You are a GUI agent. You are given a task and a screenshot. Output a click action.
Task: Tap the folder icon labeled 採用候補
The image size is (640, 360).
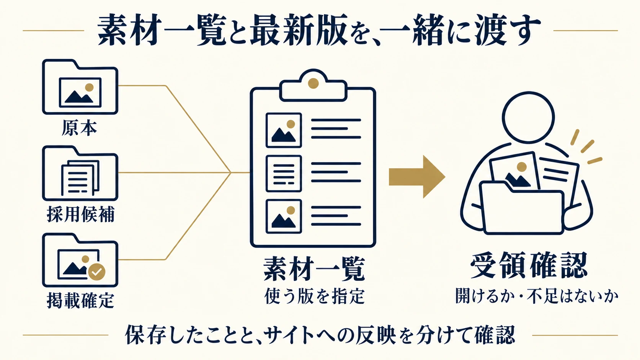click(80, 173)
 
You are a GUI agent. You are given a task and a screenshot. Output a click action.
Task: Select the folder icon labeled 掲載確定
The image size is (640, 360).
click(80, 260)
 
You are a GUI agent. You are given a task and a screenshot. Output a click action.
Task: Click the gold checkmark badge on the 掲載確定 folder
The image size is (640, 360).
click(96, 272)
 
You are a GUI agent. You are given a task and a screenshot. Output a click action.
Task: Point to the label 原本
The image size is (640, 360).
click(80, 128)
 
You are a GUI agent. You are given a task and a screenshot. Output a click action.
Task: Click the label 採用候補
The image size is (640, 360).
click(80, 214)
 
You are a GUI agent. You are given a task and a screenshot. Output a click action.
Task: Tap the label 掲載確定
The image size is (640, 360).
click(80, 300)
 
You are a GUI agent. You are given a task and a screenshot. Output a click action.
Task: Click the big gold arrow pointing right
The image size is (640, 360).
click(417, 177)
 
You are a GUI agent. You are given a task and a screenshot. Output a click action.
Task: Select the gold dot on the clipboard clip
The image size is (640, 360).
click(313, 83)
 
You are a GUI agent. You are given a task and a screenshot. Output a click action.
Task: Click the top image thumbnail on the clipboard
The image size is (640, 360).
click(284, 130)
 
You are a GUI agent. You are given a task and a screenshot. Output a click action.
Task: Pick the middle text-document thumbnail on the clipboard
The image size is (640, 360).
click(284, 174)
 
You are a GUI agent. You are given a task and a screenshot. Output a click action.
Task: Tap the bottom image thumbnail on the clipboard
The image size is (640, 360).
click(284, 217)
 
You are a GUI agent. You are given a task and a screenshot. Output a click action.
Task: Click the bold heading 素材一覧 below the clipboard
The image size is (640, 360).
click(314, 269)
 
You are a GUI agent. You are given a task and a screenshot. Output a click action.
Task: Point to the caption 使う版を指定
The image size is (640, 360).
click(314, 296)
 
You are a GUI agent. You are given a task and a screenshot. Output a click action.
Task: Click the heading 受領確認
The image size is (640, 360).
click(529, 265)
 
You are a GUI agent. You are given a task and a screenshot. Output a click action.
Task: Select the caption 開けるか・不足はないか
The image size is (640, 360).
click(537, 296)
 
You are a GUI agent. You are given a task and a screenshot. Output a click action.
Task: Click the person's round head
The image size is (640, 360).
click(528, 117)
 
